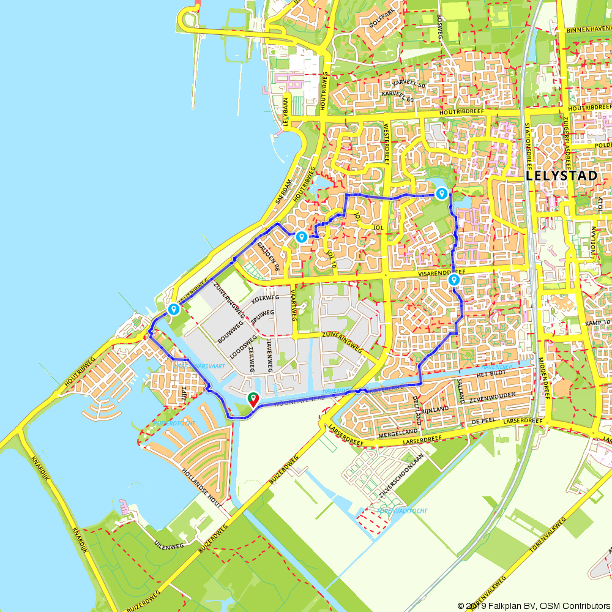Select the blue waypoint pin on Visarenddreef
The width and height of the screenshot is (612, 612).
(x=454, y=280)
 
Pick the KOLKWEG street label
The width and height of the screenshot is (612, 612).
(x=265, y=297)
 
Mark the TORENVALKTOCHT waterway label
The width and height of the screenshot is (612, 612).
(x=402, y=510)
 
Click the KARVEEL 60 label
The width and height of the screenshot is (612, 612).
(x=398, y=94)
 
